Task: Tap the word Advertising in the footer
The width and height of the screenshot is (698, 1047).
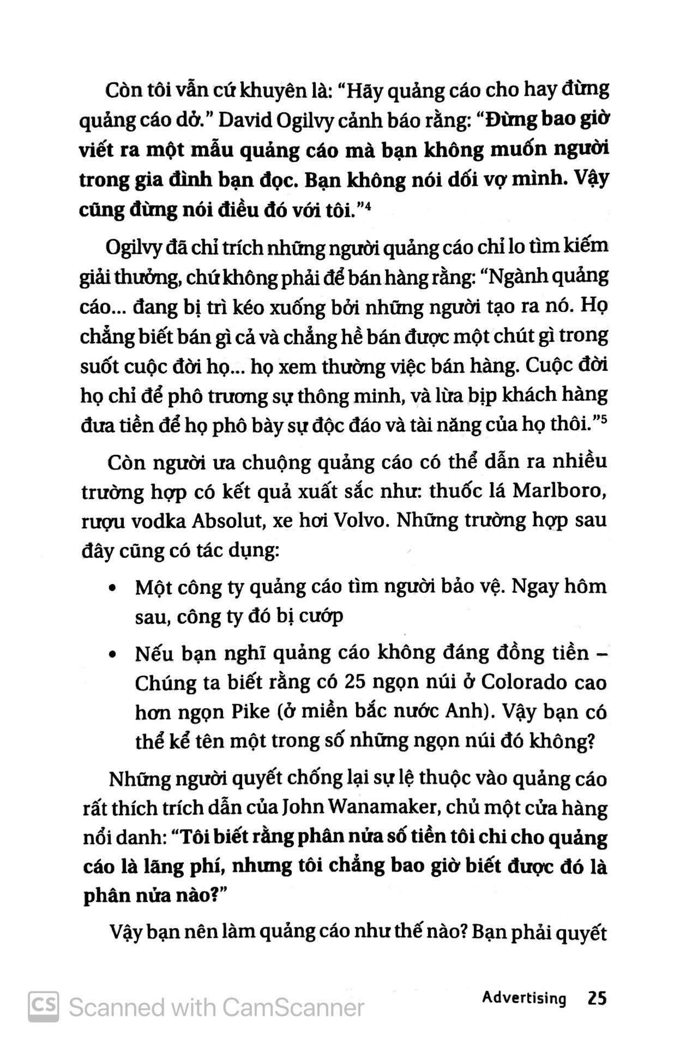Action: pyautogui.click(x=524, y=998)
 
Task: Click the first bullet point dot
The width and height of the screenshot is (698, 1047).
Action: pyautogui.click(x=112, y=589)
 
